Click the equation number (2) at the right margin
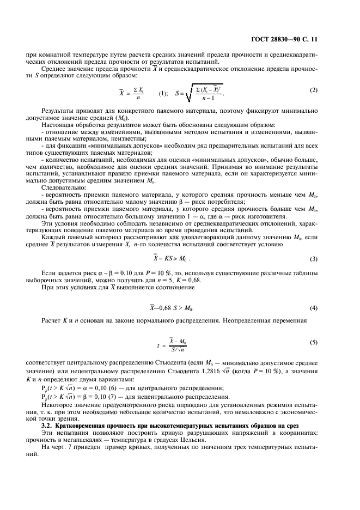(313, 89)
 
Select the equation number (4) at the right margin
(313, 308)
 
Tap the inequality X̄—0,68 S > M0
(171, 308)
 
